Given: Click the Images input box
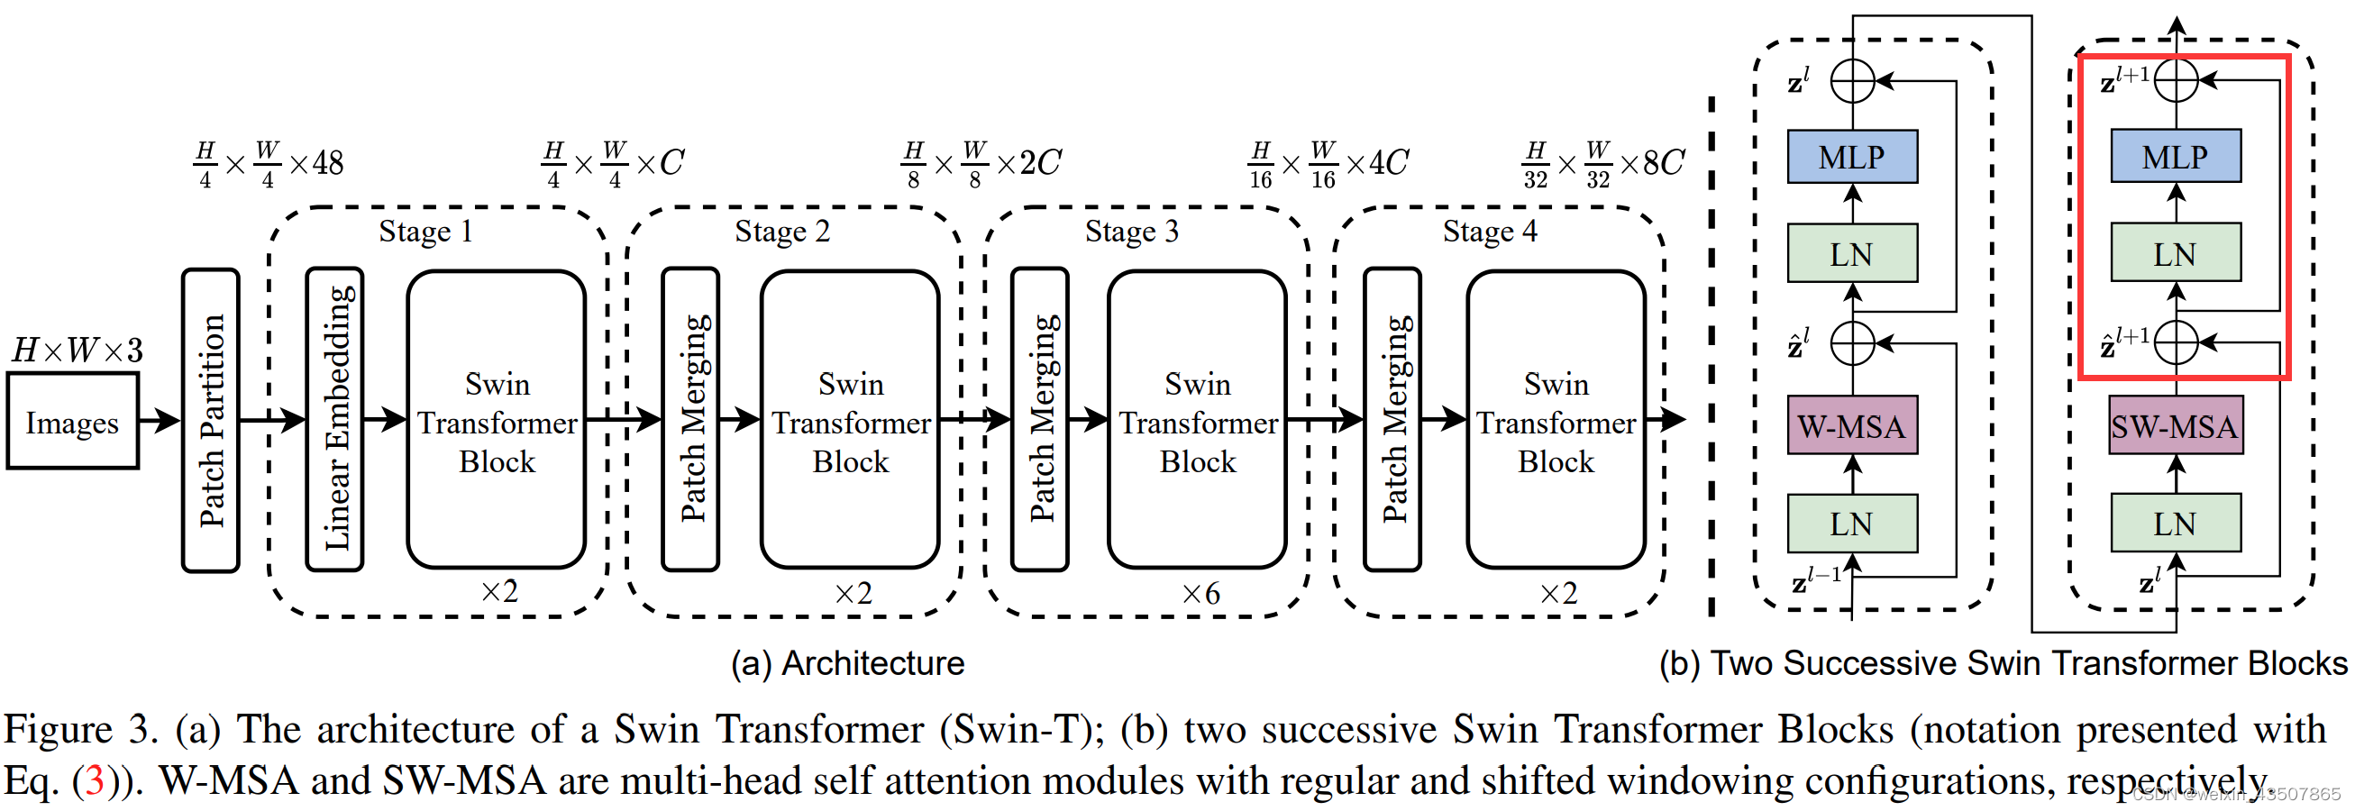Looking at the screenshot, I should pyautogui.click(x=72, y=423).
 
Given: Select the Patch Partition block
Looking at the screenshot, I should pyautogui.click(x=210, y=420).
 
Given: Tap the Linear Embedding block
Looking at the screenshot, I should pyautogui.click(x=334, y=420).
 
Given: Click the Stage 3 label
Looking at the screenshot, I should pyautogui.click(x=1132, y=232).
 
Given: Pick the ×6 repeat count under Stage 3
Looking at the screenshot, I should pyautogui.click(x=1200, y=595).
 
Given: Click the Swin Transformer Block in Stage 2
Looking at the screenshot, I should pyautogui.click(x=850, y=422).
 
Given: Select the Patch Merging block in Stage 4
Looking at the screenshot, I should pyautogui.click(x=1392, y=420).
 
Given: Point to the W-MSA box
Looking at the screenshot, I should pyautogui.click(x=1852, y=426).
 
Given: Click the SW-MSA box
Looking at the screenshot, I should pyautogui.click(x=2175, y=426).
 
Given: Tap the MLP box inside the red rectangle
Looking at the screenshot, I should pyautogui.click(x=2175, y=157).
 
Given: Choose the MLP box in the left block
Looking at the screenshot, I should pyautogui.click(x=1852, y=157).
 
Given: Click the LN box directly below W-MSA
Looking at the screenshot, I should pyautogui.click(x=1852, y=524).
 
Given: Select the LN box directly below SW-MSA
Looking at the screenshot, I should pyautogui.click(x=2175, y=524).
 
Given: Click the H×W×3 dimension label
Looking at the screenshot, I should pyautogui.click(x=77, y=351).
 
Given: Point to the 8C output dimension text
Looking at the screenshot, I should pyautogui.click(x=1663, y=163).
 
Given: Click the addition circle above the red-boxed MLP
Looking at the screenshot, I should pyautogui.click(x=2176, y=80).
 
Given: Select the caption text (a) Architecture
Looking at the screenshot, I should pyautogui.click(x=847, y=663).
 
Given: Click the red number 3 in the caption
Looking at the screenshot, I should pyautogui.click(x=94, y=780).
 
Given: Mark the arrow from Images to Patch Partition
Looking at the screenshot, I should pyautogui.click(x=160, y=421).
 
